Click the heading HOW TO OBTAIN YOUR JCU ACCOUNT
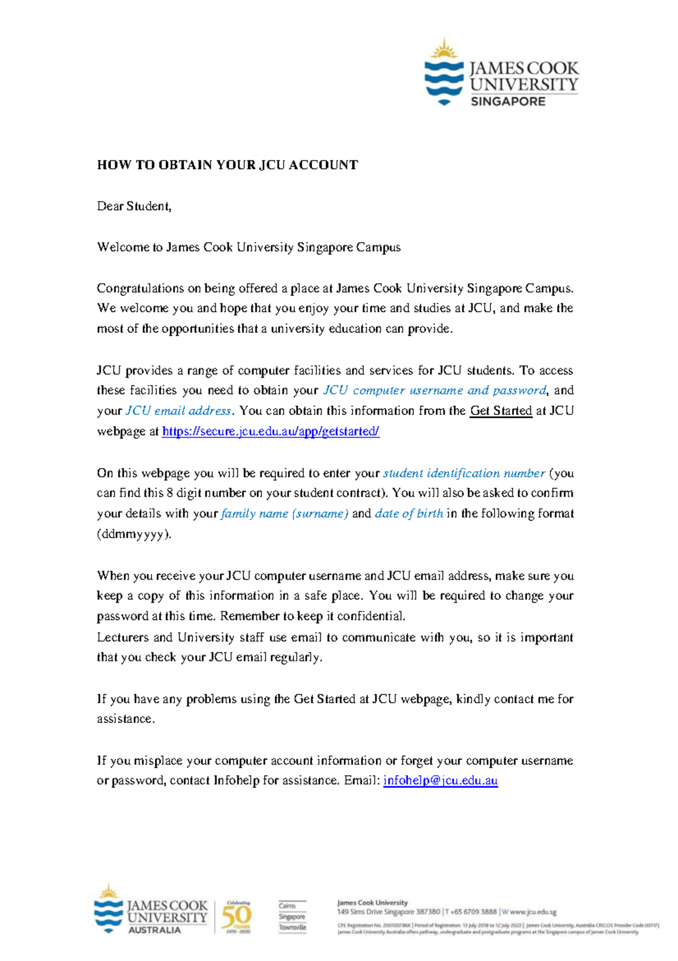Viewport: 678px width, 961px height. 227,165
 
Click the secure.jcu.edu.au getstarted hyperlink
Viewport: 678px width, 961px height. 270,431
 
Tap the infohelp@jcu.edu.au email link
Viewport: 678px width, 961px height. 440,781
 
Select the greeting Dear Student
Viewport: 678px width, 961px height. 134,206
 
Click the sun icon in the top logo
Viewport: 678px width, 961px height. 444,50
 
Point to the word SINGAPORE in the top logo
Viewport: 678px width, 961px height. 508,102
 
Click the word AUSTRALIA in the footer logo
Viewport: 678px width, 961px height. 154,930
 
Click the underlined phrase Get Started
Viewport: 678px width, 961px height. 501,411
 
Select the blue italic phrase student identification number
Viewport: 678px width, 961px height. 464,473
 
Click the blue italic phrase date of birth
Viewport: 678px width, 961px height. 408,514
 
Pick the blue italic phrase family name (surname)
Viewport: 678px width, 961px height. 284,514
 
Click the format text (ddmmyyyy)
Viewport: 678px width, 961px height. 133,534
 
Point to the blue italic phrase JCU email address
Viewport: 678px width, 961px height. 179,411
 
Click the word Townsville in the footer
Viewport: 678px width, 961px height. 292,927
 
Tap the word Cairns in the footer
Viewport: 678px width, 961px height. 287,906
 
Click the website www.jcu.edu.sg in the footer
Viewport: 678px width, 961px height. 533,912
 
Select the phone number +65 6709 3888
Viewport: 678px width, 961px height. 473,912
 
